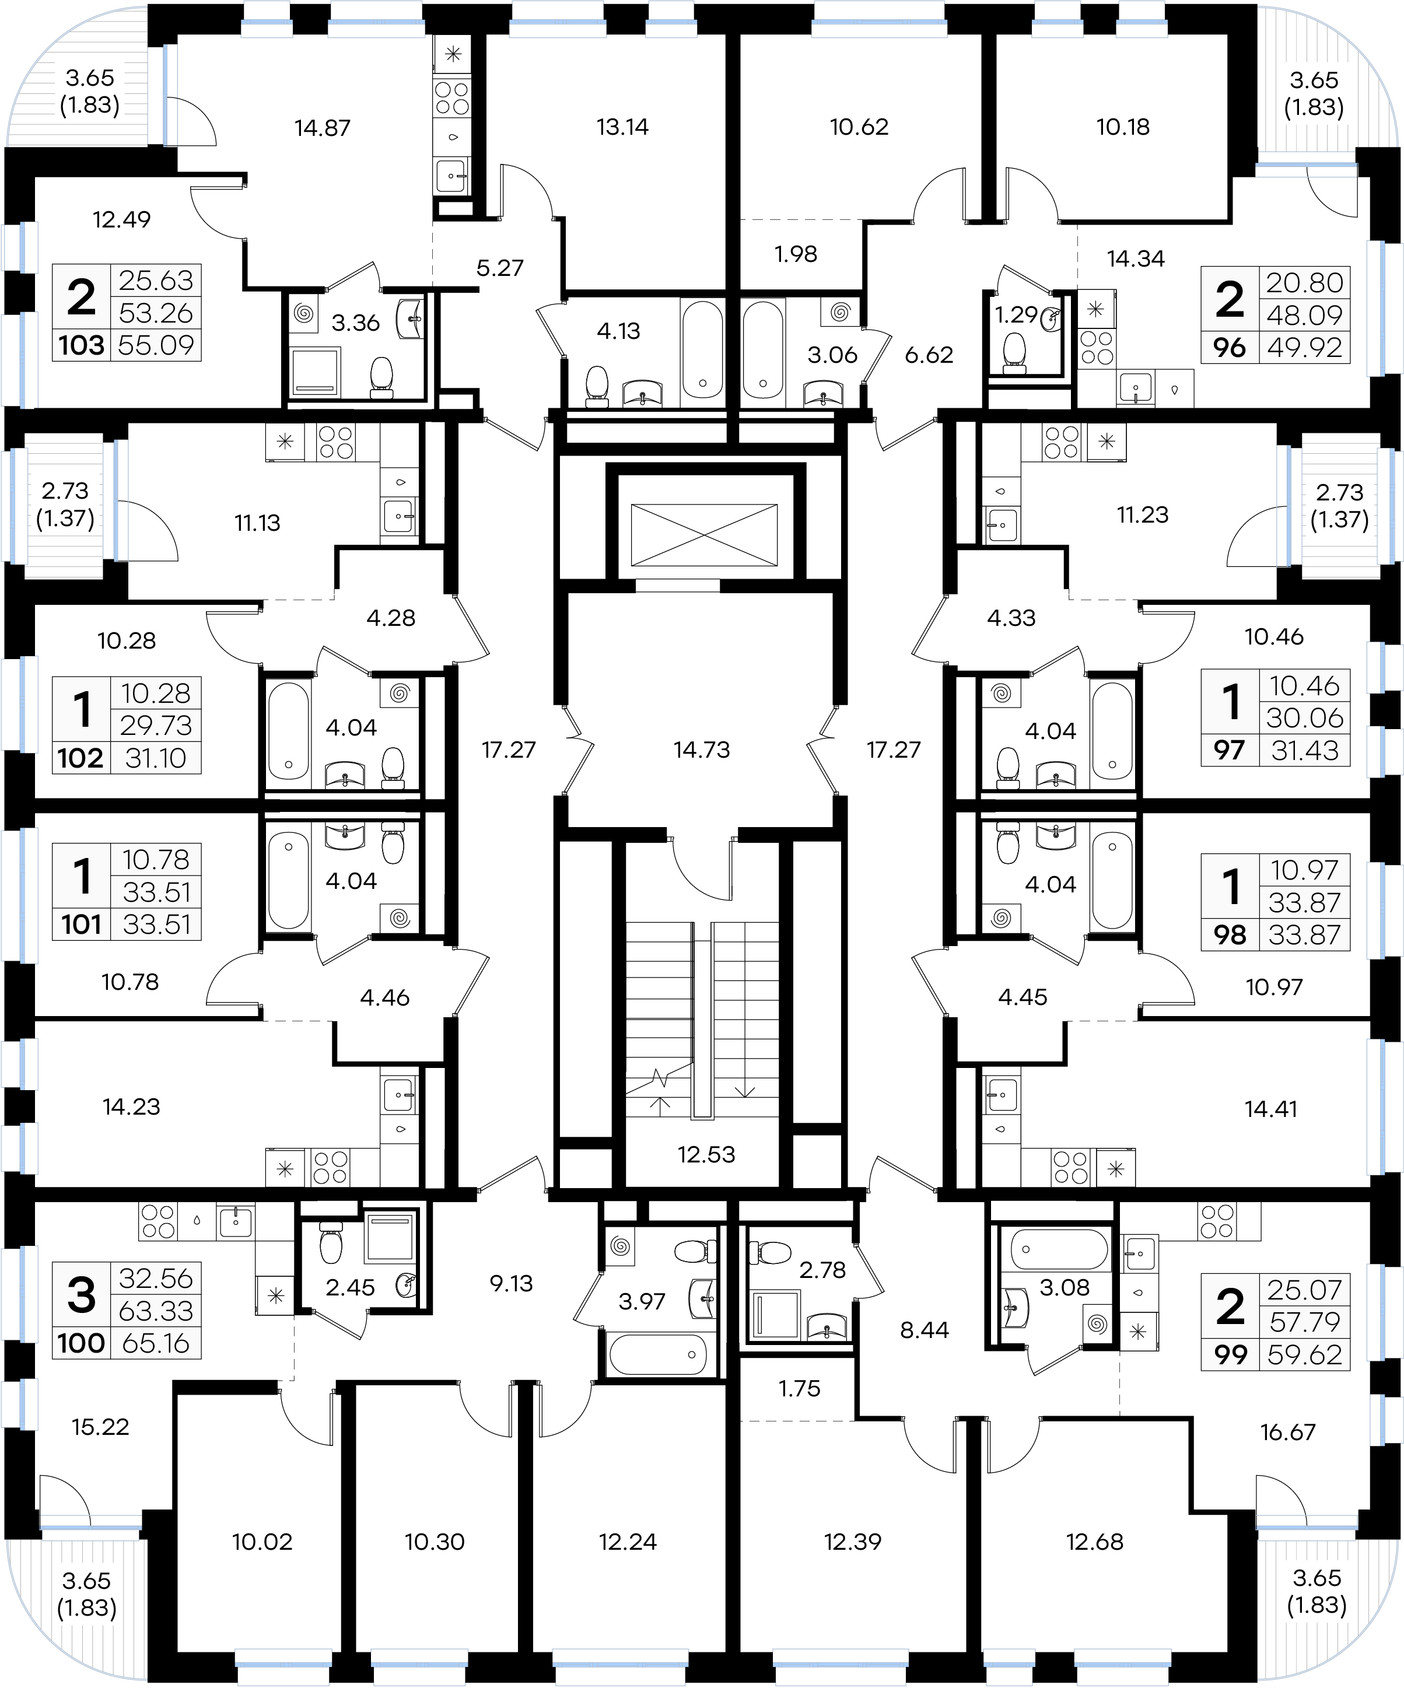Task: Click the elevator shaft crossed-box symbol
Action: (x=704, y=534)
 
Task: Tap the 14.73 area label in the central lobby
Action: (x=702, y=750)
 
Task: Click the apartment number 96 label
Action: (x=1230, y=348)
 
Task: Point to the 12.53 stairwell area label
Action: (x=706, y=1155)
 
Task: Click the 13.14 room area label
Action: (x=623, y=127)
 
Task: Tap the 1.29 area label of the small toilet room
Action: (x=1017, y=314)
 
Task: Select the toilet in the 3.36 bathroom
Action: (x=381, y=378)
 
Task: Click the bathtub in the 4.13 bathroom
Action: (x=702, y=349)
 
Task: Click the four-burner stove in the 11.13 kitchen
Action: (x=336, y=442)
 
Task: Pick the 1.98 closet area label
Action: (x=796, y=254)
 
